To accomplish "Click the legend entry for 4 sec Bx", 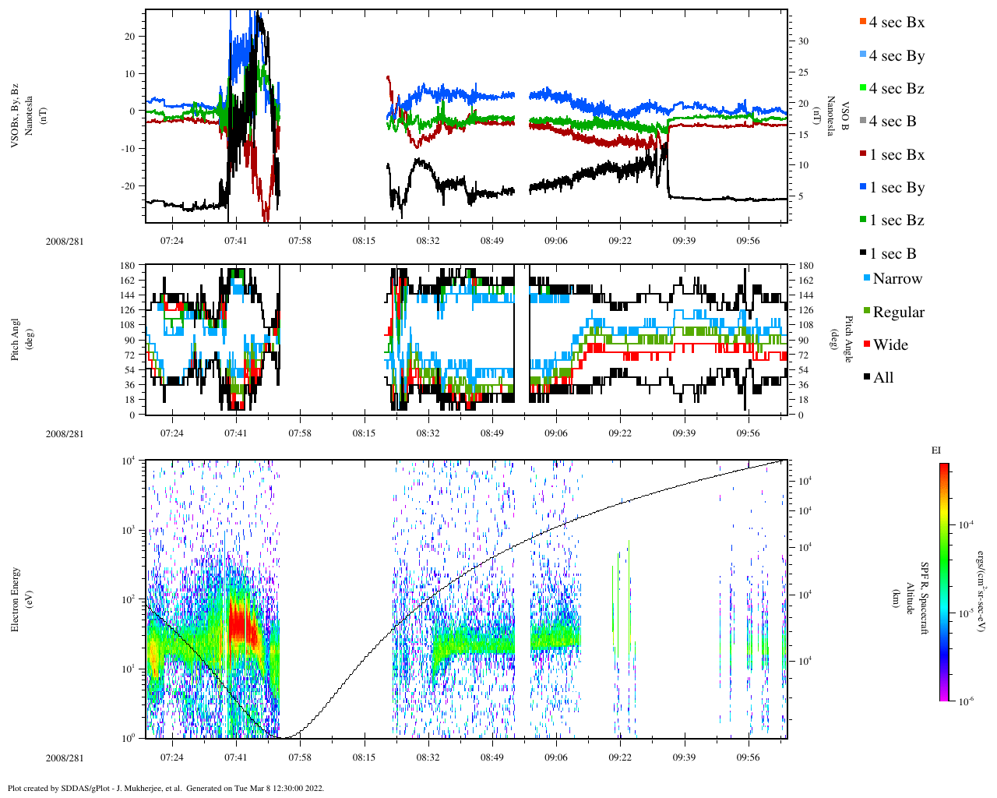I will point(896,23).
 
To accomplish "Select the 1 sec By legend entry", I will point(896,188).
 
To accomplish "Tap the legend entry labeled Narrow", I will point(897,279).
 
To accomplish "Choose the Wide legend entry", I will point(890,345).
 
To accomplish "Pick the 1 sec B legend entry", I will point(892,254).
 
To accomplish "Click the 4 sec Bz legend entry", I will point(896,89).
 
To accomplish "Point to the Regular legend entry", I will point(898,312).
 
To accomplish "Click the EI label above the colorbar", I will point(936,450).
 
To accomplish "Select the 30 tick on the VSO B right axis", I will point(802,41).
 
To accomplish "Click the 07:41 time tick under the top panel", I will point(236,240).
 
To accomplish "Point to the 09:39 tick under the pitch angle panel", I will point(684,433).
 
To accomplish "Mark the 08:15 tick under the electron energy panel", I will point(364,757).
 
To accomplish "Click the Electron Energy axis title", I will point(15,598).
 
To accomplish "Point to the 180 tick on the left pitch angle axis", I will point(129,266).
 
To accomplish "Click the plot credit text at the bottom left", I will point(165,788).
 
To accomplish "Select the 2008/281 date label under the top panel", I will point(64,241).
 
